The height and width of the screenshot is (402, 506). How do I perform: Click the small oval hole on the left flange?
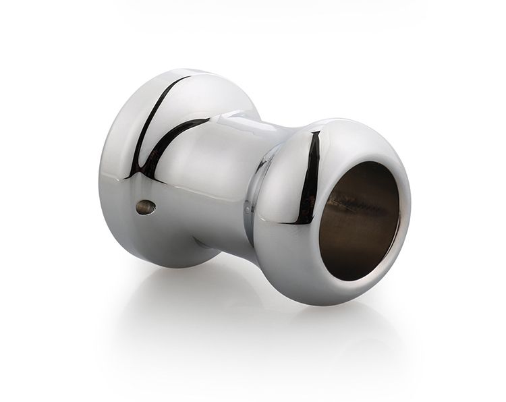click(x=146, y=207)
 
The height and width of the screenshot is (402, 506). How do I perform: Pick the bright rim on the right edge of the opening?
click(x=398, y=216)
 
